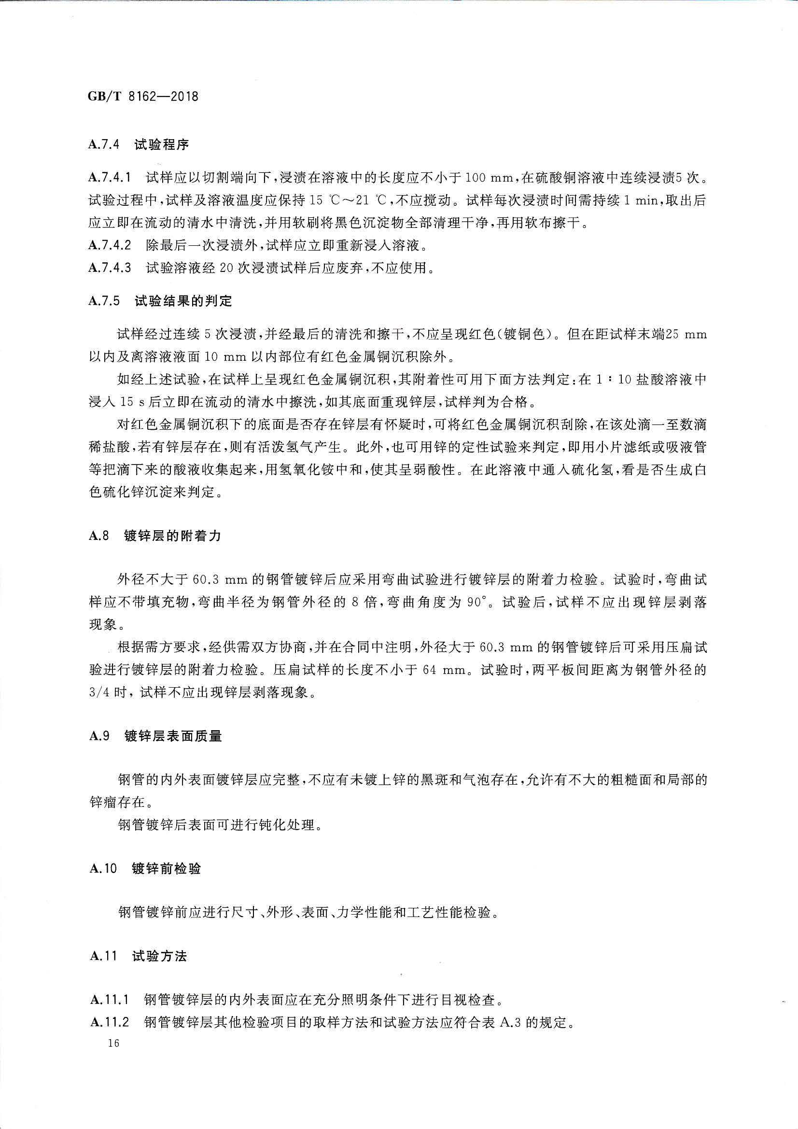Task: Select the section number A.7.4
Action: (104, 144)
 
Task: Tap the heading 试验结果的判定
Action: (183, 301)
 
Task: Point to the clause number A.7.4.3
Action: (110, 268)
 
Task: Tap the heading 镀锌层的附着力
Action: (172, 536)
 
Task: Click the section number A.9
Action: (99, 750)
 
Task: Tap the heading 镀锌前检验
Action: (166, 868)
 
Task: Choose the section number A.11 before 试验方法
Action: (104, 956)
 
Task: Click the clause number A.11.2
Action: (110, 1022)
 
